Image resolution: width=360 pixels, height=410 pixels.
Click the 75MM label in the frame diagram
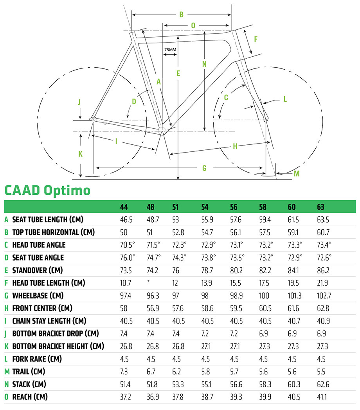(170, 50)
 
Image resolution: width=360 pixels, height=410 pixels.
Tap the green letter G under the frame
(204, 168)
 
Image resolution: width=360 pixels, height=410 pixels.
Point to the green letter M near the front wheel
(297, 174)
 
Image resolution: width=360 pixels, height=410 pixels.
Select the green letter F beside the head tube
(256, 39)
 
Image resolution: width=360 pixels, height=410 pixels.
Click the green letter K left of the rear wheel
(80, 154)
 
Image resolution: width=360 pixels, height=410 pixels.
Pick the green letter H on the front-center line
(235, 146)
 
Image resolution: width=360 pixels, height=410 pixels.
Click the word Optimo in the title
(67, 191)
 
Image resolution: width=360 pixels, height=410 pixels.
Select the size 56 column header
(234, 207)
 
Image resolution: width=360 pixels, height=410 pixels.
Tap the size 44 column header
(124, 207)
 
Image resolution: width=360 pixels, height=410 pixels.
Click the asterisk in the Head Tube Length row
(148, 281)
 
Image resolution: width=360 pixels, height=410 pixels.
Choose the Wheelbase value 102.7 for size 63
(324, 296)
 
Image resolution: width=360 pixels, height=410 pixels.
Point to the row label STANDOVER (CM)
(38, 270)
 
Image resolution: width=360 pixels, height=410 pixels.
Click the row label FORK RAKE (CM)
(37, 359)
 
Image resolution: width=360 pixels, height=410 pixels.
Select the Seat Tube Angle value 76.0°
(128, 257)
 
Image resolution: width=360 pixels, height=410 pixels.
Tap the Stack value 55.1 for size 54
(206, 384)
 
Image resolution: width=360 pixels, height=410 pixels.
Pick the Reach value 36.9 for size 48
(153, 397)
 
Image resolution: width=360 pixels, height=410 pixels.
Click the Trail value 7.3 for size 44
(124, 372)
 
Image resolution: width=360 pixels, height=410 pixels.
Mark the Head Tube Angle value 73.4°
(324, 245)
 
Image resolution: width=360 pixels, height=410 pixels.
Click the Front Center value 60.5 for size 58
(265, 308)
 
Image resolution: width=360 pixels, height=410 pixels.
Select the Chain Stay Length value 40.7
(294, 321)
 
